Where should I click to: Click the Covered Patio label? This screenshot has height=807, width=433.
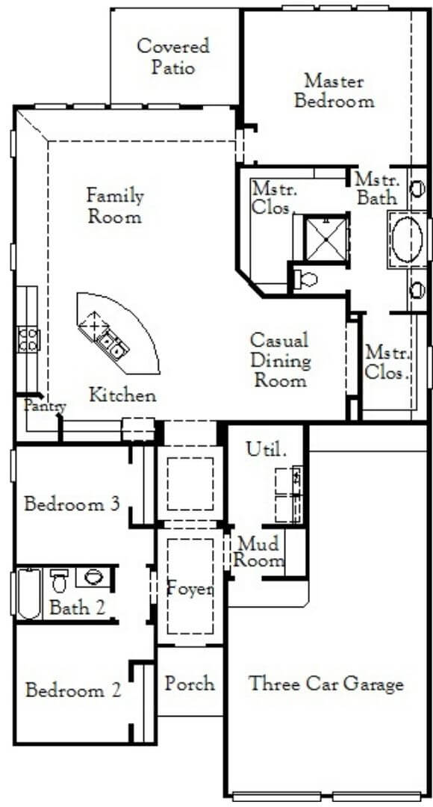pyautogui.click(x=173, y=57)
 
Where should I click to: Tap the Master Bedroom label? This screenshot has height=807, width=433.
pyautogui.click(x=334, y=90)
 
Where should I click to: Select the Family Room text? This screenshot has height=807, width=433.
pyautogui.click(x=115, y=206)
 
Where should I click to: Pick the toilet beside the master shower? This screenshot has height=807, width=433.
pyautogui.click(x=305, y=279)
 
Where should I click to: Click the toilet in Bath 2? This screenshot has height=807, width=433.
pyautogui.click(x=60, y=580)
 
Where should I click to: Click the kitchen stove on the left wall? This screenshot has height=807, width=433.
pyautogui.click(x=28, y=340)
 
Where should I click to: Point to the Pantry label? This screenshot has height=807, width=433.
pyautogui.click(x=45, y=406)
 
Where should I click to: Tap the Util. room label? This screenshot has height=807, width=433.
pyautogui.click(x=266, y=450)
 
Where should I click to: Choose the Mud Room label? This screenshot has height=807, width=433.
pyautogui.click(x=260, y=552)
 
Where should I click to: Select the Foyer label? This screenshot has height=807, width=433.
pyautogui.click(x=190, y=589)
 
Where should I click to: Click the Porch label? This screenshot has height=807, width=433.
pyautogui.click(x=190, y=684)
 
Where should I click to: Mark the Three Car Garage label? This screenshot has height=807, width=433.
pyautogui.click(x=326, y=684)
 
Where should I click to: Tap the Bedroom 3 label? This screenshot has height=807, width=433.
pyautogui.click(x=72, y=504)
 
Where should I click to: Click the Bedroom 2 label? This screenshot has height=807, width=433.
pyautogui.click(x=73, y=690)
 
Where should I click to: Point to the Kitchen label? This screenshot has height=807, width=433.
pyautogui.click(x=123, y=395)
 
